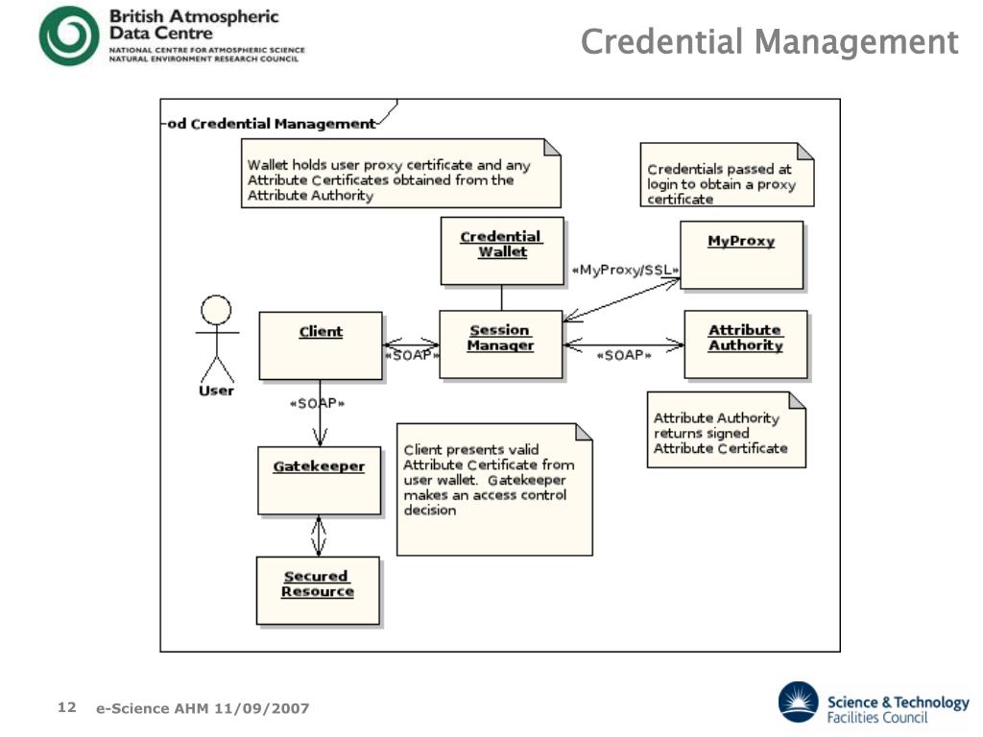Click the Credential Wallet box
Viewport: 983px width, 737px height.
[502, 250]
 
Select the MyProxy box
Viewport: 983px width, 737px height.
[742, 254]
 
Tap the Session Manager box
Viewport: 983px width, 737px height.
[501, 345]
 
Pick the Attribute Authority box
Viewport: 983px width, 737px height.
[746, 345]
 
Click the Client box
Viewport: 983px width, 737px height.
[321, 345]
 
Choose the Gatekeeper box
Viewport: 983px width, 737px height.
[319, 480]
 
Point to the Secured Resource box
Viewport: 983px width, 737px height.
[318, 590]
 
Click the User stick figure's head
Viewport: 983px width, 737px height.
[216, 310]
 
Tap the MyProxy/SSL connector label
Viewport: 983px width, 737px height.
[625, 270]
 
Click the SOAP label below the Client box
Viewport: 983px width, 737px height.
[317, 403]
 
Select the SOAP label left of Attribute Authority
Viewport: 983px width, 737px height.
[624, 355]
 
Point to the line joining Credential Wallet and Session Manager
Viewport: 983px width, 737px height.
[501, 297]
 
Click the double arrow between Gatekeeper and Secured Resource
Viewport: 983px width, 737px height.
[319, 535]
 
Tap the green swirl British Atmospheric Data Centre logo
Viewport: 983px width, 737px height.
[69, 36]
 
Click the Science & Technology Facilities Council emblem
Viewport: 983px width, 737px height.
[798, 702]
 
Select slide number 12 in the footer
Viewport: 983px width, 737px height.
[67, 707]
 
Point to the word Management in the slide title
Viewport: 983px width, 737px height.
[856, 42]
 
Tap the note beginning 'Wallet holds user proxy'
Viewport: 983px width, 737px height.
[400, 173]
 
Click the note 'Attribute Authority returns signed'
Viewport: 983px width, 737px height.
[726, 430]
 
